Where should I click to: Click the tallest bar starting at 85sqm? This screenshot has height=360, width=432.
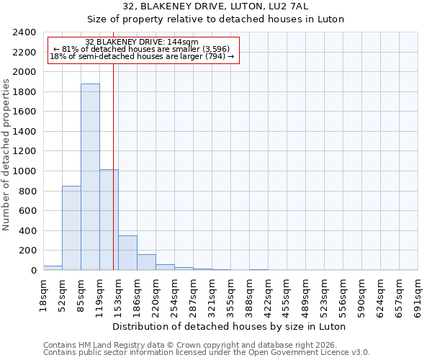tap(90, 176)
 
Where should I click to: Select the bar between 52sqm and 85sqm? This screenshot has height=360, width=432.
tap(71, 228)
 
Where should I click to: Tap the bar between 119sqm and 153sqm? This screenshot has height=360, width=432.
tap(109, 220)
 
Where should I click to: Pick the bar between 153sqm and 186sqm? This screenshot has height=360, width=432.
tap(127, 253)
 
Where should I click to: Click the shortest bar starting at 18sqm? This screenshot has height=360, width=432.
tap(53, 268)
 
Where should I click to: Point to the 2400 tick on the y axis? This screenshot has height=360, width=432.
tap(24, 32)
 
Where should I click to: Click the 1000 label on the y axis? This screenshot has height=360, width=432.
tap(24, 171)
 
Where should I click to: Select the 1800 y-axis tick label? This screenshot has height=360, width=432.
tap(24, 92)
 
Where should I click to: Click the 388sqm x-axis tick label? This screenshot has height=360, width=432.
tap(250, 293)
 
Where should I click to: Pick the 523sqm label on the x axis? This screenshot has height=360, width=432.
tap(325, 293)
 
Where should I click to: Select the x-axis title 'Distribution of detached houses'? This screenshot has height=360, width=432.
tap(230, 326)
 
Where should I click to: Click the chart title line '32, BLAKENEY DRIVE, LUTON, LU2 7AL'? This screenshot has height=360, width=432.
tap(216, 6)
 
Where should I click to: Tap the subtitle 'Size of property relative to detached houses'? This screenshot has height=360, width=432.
tap(216, 19)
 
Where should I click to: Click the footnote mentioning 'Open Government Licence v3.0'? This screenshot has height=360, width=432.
tap(207, 352)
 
